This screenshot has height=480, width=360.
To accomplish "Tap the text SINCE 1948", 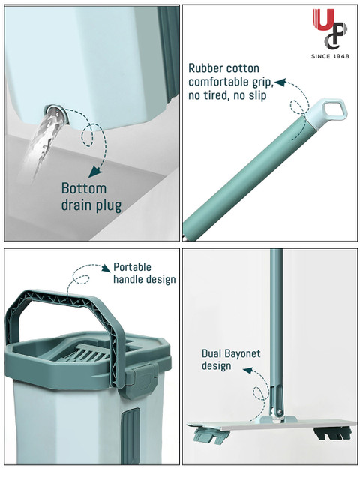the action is pos(330,56).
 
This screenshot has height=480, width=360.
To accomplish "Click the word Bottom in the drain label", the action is pos(84,188).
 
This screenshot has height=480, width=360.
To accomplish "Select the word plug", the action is pos(109,205).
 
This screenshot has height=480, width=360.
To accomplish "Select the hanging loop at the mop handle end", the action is pos(331,111).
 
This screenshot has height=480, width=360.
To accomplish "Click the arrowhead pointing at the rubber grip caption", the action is pos(280,82).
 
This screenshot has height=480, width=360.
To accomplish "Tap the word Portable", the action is pos(132,267).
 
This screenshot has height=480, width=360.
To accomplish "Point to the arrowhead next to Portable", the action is pos(106,268).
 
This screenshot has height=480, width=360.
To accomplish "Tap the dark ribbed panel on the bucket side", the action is pos(130,436).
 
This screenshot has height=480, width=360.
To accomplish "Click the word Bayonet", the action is pos(241,353).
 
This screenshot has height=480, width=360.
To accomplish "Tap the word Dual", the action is pos(211,353).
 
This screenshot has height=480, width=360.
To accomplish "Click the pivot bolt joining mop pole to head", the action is pos(279,411).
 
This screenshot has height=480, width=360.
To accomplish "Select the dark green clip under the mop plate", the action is pos(332,433).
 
